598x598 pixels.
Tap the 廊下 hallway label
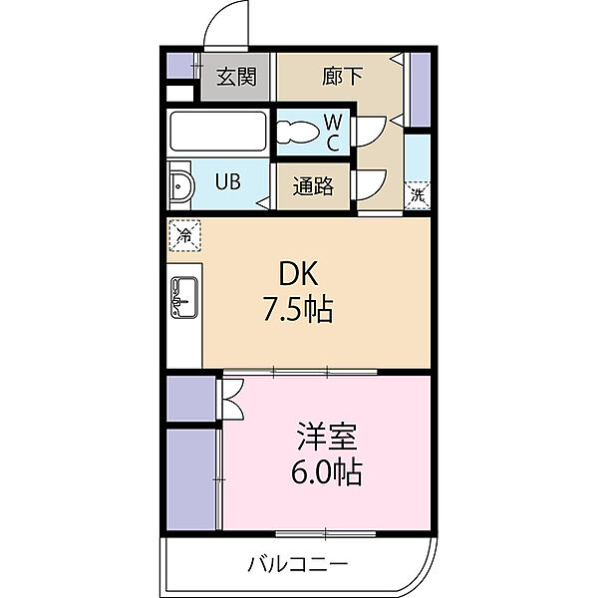coord(340,76)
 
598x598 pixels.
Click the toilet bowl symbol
coord(296,132)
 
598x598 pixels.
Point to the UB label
coord(229,182)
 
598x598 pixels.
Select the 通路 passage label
coord(312,186)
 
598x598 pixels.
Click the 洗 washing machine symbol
coord(417,194)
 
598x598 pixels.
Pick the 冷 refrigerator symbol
coord(184,235)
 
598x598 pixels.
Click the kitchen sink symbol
coord(184,295)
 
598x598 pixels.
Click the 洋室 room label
coord(326,436)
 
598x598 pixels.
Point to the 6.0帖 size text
coord(326,472)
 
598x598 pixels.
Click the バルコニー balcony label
coord(298,565)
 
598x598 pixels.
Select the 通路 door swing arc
coord(370,183)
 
